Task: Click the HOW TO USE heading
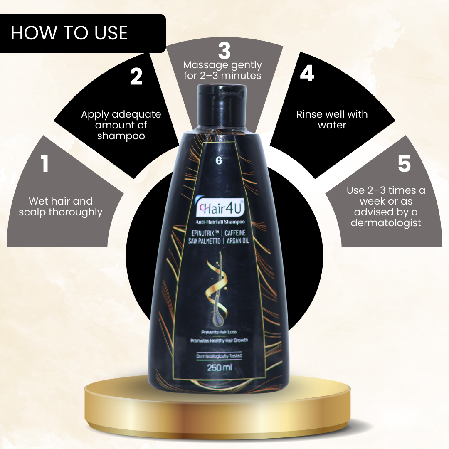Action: coord(69,33)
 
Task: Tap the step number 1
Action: coord(45,164)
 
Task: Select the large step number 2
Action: coord(136,77)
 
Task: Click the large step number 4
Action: coord(307,74)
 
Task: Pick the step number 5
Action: coord(404,164)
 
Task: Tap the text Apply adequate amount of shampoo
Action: coord(121,125)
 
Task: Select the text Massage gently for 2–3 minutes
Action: coord(223,70)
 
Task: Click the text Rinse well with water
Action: coord(332,120)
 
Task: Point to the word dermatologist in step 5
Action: coord(386,223)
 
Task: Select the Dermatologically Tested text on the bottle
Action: coord(219,356)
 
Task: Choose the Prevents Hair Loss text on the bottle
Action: coord(219,332)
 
